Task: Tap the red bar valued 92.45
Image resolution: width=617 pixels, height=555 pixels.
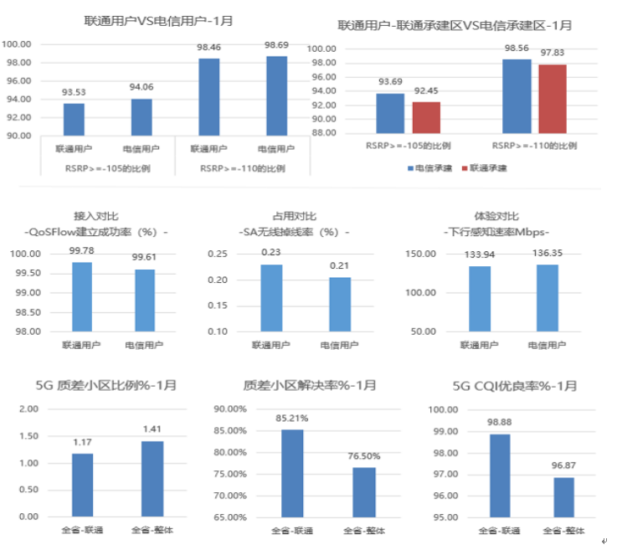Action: coord(426,117)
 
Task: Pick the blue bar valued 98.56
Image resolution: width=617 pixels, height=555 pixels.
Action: coord(517,95)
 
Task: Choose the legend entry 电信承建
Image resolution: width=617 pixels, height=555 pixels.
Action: coord(433,167)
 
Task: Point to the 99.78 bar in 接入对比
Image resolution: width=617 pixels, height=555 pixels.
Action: coord(81,296)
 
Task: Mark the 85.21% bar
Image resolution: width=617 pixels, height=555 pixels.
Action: coord(291,473)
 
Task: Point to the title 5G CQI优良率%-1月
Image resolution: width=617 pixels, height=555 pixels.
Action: coord(514,386)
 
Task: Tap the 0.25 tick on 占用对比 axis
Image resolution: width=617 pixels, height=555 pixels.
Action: coord(217,254)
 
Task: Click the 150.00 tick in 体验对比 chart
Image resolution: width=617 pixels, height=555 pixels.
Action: coord(419,254)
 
